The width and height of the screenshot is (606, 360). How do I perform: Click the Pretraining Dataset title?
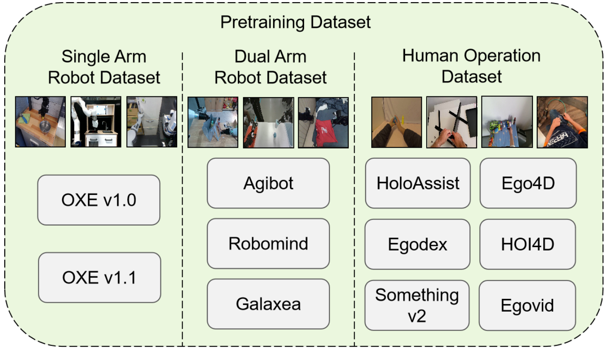296,22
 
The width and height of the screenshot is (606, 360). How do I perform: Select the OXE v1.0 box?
99,200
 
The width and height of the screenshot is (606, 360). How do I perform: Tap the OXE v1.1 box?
99,278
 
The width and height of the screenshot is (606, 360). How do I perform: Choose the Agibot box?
268,183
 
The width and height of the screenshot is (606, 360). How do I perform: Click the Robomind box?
268,244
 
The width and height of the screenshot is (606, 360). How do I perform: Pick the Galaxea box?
268,304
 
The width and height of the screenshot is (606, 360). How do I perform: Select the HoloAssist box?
418,183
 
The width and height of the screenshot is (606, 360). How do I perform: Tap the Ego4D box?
528,183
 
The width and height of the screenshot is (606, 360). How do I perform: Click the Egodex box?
417,244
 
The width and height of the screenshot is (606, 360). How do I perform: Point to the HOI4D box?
527,244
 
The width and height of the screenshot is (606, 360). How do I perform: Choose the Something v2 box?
417,305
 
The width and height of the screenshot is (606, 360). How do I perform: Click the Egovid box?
527,305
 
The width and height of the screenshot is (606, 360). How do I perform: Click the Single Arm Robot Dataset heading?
104,67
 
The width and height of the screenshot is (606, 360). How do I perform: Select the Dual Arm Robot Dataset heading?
271,67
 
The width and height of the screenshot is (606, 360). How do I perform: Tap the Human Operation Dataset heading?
471,66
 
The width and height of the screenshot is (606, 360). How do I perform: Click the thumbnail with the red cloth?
323,123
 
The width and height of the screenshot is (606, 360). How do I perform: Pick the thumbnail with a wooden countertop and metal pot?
41,122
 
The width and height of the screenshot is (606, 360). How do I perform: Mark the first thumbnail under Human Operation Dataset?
397,122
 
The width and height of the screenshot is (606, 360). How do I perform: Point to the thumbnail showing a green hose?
562,122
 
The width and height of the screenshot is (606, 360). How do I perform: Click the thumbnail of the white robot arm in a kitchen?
96,122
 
